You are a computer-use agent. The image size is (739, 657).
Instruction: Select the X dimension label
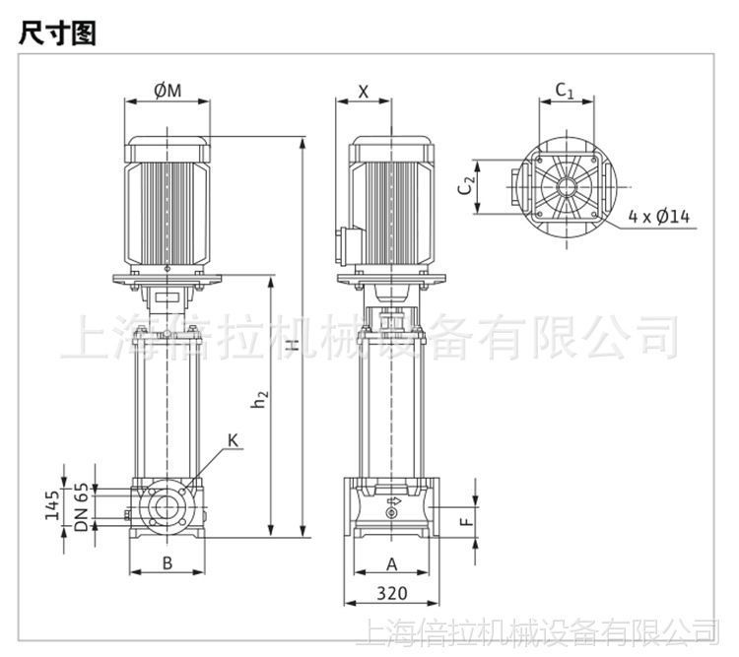coord(363,92)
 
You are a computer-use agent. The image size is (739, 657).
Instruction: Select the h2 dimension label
coord(259,399)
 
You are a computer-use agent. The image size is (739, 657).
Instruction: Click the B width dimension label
coord(168,563)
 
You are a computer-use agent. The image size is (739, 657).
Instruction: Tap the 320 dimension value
coord(391,594)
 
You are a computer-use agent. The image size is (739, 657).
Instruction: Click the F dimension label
coord(469,516)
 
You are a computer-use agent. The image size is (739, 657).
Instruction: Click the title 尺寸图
coord(55,33)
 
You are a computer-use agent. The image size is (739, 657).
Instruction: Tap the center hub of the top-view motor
coord(569,185)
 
